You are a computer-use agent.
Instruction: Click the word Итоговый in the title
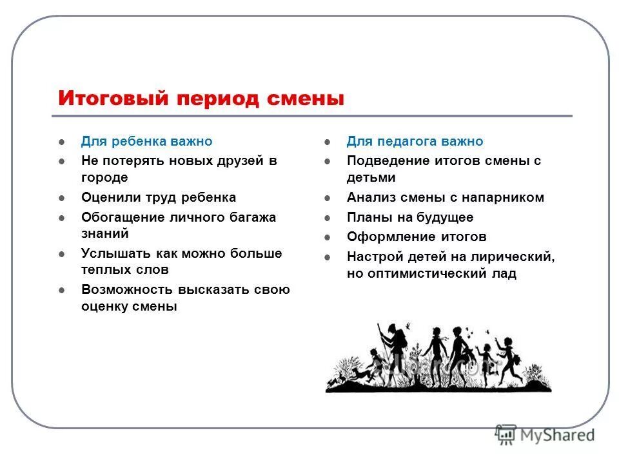[113, 99]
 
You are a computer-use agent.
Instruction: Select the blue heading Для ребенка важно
[146, 141]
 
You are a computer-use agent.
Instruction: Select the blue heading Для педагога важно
[415, 141]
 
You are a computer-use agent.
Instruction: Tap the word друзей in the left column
[233, 160]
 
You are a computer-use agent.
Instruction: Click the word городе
[104, 177]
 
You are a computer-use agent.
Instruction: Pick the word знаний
[104, 233]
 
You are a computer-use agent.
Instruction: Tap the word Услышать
[112, 253]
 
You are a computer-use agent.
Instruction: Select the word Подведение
[384, 160]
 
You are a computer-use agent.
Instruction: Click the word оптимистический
[426, 273]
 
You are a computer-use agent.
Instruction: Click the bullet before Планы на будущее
[328, 218]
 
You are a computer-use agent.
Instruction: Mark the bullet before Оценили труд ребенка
[61, 198]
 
